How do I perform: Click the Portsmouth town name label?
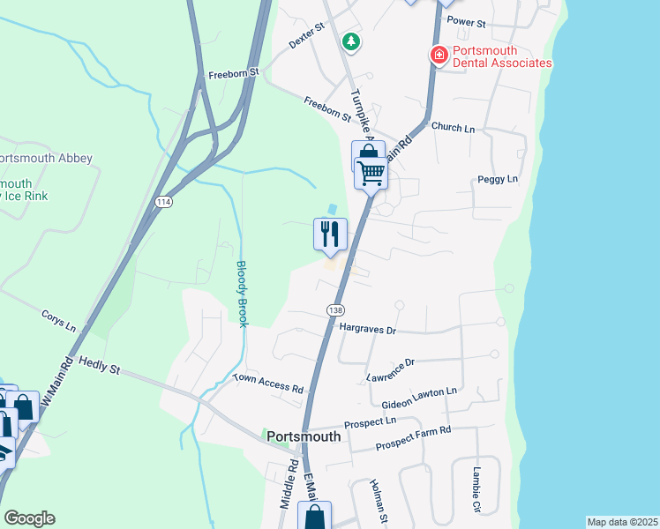[x=304, y=436]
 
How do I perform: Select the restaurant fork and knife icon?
[x=330, y=234]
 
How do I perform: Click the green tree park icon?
[x=351, y=41]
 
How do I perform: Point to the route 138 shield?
[x=335, y=310]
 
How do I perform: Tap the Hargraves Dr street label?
[x=369, y=329]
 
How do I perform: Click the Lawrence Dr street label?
[x=390, y=370]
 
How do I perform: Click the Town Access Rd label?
[x=268, y=383]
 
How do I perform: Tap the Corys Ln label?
[x=59, y=319]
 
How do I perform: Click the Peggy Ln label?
[x=498, y=179]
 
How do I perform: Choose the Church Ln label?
[x=454, y=128]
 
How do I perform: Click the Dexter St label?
[x=308, y=39]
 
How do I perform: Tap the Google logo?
[x=29, y=518]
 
